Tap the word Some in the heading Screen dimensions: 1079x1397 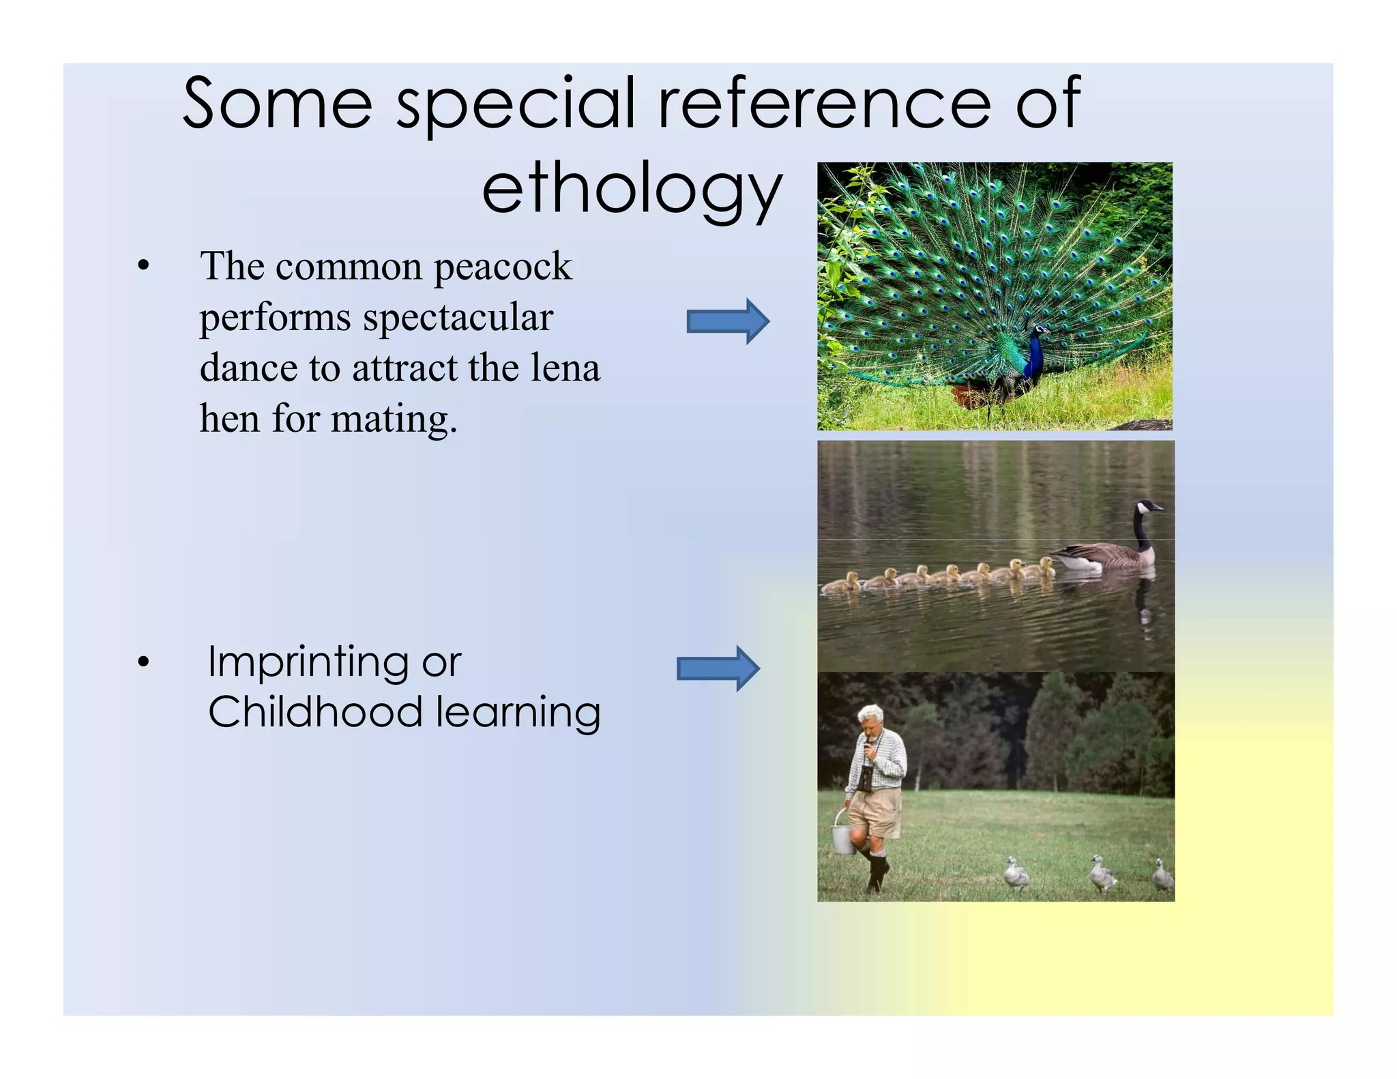point(278,104)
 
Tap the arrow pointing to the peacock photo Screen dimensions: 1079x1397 point(727,321)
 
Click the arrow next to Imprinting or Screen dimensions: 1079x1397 point(718,668)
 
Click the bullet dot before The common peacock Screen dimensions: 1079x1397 point(143,267)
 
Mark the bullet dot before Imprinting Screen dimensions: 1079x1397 point(143,662)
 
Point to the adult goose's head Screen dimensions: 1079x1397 point(1147,507)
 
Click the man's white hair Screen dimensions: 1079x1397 point(869,714)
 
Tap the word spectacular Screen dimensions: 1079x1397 point(457,317)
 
